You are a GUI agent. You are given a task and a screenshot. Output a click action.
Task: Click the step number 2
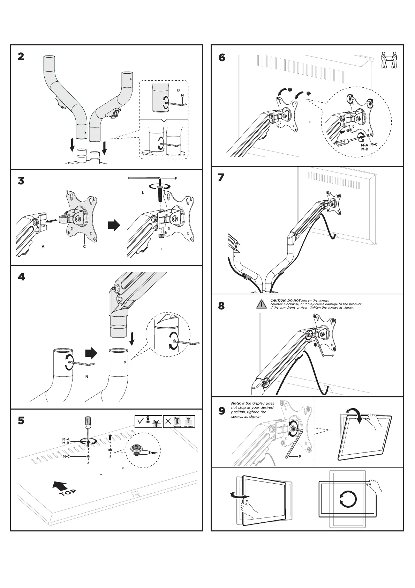pyautogui.click(x=21, y=57)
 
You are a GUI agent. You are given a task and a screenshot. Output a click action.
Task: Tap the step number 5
pyautogui.click(x=21, y=421)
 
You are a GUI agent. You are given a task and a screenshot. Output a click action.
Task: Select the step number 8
pyautogui.click(x=221, y=306)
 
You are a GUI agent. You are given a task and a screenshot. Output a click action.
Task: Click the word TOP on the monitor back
pyautogui.click(x=68, y=492)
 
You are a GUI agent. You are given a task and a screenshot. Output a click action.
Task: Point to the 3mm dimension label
pyautogui.click(x=153, y=453)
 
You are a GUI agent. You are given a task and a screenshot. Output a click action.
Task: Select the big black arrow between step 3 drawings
pyautogui.click(x=114, y=225)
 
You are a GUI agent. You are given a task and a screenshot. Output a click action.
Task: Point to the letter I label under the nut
pyautogui.click(x=161, y=249)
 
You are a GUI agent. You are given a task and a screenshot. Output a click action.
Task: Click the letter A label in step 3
pyautogui.click(x=43, y=247)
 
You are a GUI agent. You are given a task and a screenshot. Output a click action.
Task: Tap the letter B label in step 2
pyautogui.click(x=178, y=90)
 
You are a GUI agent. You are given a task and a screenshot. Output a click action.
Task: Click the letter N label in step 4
pyautogui.click(x=86, y=377)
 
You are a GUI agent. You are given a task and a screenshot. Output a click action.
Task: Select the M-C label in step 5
pyautogui.click(x=66, y=456)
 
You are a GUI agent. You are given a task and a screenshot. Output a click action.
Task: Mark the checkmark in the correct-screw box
pyautogui.click(x=141, y=421)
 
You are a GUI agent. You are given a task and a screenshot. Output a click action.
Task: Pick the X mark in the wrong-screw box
pyautogui.click(x=168, y=421)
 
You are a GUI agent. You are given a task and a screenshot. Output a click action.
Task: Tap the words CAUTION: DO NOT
pyautogui.click(x=285, y=300)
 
